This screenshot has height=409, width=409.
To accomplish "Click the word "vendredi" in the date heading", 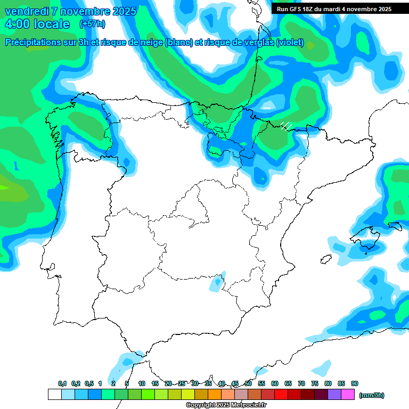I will pos(25,11).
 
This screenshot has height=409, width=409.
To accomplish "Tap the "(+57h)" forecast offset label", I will pos(92,24).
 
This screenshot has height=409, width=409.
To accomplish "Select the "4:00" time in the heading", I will pos(18,24).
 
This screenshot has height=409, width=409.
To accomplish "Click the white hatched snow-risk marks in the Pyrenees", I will pos(286,126).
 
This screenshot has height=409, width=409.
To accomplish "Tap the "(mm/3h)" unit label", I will pos(372,395).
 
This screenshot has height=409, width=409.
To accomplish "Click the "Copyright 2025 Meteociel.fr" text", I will pos(226,405).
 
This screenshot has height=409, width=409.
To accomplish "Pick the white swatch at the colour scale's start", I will pos(54,395).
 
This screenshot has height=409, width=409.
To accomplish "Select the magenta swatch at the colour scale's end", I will pos(348,395).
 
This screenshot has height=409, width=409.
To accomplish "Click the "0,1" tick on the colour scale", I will pos(62,384).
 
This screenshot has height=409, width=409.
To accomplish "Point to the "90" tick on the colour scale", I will pos(355,384).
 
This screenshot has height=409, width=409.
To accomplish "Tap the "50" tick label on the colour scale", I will pos(248,384).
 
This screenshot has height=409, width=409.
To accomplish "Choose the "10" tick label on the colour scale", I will pos(142,384).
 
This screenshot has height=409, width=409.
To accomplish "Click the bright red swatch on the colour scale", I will pos(281,395).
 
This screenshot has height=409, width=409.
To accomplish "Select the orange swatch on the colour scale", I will pos(215,395).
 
